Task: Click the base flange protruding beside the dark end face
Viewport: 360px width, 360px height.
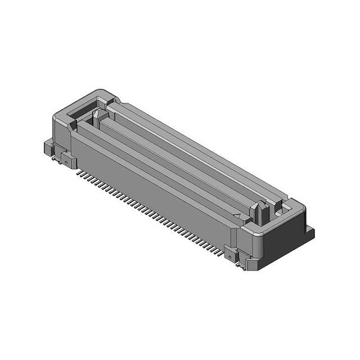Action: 309,232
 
